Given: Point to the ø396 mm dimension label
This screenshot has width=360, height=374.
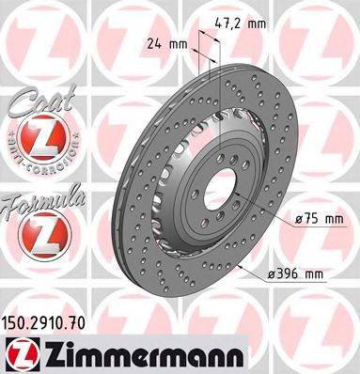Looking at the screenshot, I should click(296, 275).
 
